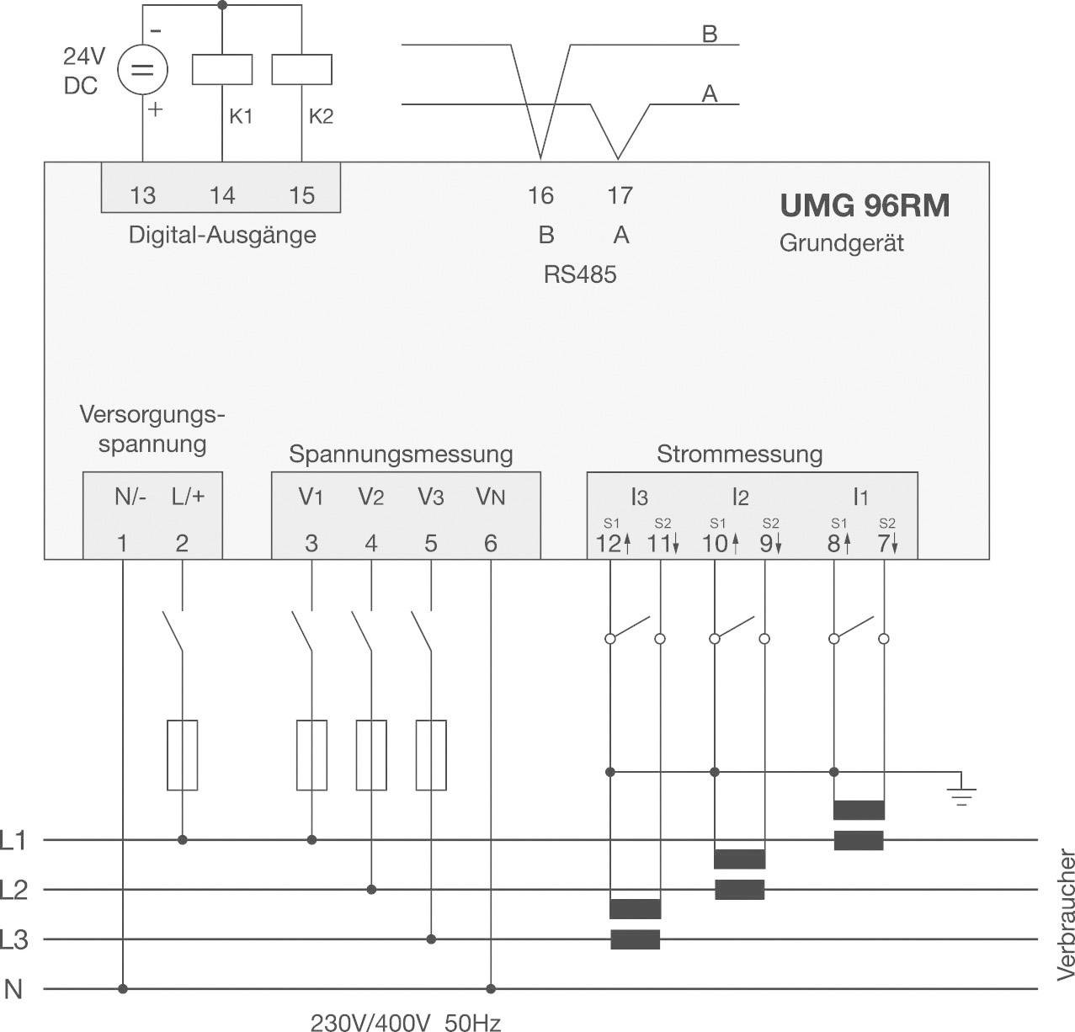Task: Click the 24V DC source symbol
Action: tap(141, 70)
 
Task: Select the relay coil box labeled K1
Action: tap(222, 70)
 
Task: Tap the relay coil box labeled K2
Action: tap(301, 70)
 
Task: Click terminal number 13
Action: tap(142, 195)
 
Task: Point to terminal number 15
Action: tap(301, 195)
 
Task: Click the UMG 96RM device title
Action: tap(864, 205)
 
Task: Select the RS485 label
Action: tap(580, 274)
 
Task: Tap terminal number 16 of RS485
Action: tap(540, 195)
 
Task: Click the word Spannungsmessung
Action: tap(401, 455)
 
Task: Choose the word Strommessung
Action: tap(739, 455)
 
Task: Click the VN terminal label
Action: tap(490, 497)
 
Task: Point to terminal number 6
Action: tap(491, 543)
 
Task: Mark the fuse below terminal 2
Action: tap(182, 755)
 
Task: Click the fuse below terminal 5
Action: tap(431, 755)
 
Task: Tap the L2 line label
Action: tap(14, 890)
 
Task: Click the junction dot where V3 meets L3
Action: tap(431, 939)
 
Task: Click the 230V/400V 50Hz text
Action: tap(406, 1023)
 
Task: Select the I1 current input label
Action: tap(859, 497)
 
